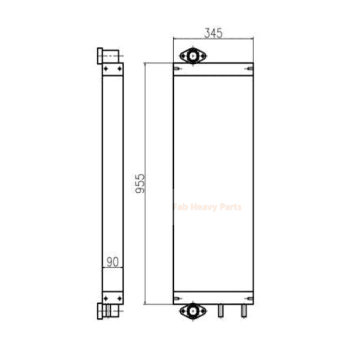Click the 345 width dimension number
coord(213,33)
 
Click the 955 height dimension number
coord(140,184)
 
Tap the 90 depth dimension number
coord(112,262)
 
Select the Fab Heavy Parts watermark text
coord(207,207)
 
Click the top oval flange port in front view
coord(193,55)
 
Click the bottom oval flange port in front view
coord(193,311)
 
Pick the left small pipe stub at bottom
coord(220,311)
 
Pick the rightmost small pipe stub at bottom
coord(244,311)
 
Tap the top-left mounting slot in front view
coord(177,69)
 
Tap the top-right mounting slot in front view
coord(250,69)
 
